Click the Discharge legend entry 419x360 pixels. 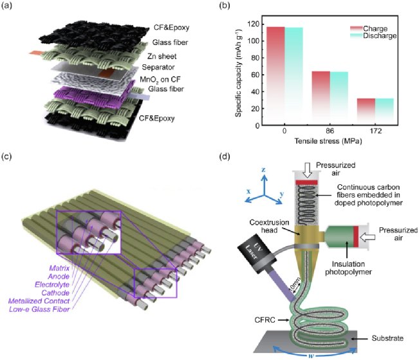click(379, 35)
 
